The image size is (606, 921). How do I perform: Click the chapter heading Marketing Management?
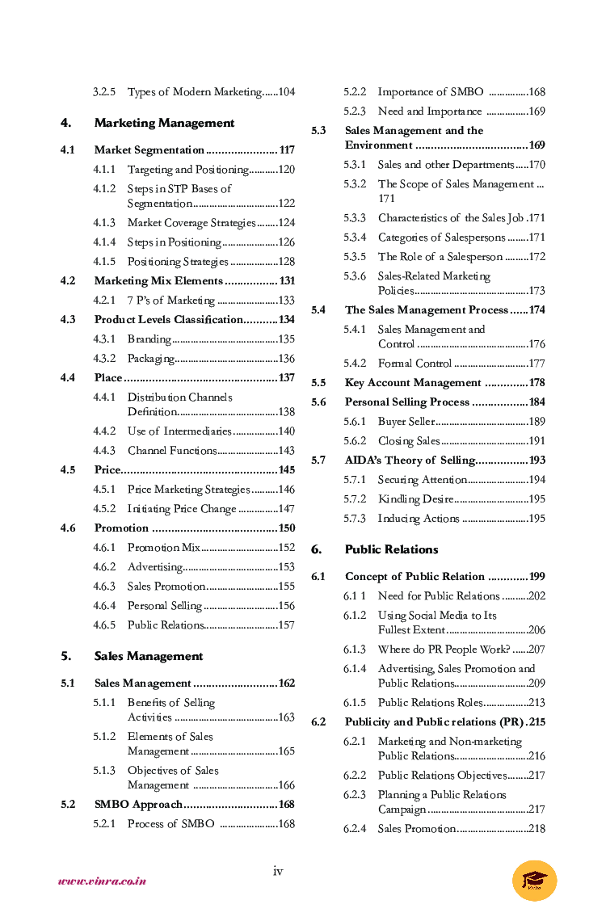[164, 123]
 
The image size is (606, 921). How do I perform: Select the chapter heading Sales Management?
[149, 656]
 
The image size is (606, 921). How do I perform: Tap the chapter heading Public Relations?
[391, 549]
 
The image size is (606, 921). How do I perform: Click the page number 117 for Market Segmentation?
[286, 150]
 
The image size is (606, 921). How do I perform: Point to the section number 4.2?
[68, 281]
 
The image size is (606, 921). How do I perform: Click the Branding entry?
[149, 339]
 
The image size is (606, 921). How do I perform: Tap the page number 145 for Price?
[286, 470]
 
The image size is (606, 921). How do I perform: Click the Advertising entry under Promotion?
[156, 567]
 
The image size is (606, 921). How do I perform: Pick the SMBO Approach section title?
[138, 805]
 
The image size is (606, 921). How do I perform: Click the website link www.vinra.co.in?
[102, 881]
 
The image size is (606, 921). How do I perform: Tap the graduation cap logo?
[534, 880]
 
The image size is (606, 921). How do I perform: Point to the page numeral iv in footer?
[278, 871]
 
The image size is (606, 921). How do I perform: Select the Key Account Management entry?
[413, 383]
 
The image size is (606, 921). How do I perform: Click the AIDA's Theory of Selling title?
[410, 460]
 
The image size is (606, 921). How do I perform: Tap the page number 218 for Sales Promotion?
[537, 829]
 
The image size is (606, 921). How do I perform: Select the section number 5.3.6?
[355, 276]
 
